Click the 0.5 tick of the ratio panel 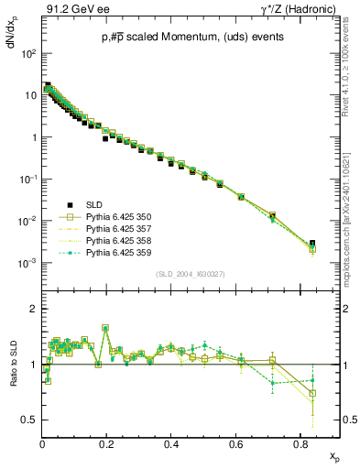30,420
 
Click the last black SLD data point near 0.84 312,244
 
